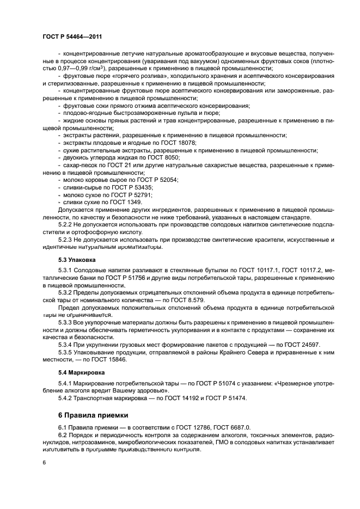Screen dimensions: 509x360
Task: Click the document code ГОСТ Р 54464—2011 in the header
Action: (x=72, y=36)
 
